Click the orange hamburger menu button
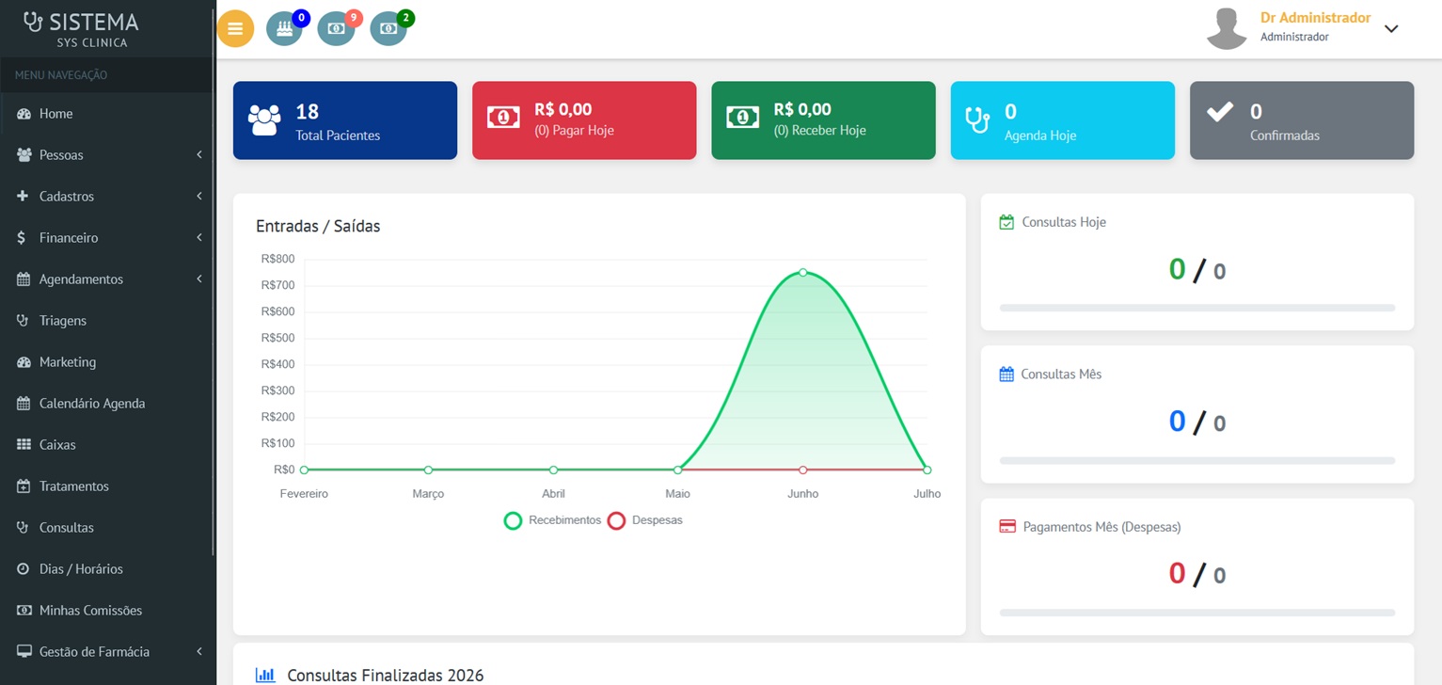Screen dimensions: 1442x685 click(x=235, y=28)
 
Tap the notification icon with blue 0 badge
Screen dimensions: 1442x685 click(x=284, y=28)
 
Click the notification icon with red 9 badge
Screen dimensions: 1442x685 click(x=336, y=28)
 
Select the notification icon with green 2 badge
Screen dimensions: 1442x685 click(x=388, y=28)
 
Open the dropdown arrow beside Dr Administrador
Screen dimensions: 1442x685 click(x=1391, y=29)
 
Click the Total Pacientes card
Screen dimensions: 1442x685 click(x=345, y=120)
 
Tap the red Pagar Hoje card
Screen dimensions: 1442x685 click(x=584, y=120)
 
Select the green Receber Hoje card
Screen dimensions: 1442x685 click(x=823, y=120)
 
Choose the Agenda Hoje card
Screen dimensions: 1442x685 click(x=1062, y=120)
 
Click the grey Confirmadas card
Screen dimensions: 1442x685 click(x=1302, y=120)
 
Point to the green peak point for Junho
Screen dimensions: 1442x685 click(x=802, y=272)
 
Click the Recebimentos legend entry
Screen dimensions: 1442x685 click(x=552, y=520)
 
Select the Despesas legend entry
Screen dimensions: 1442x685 click(x=644, y=520)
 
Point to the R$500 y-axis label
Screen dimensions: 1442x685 click(x=277, y=338)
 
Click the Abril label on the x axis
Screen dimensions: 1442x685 click(x=553, y=494)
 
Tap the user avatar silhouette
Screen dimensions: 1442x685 click(x=1227, y=29)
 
